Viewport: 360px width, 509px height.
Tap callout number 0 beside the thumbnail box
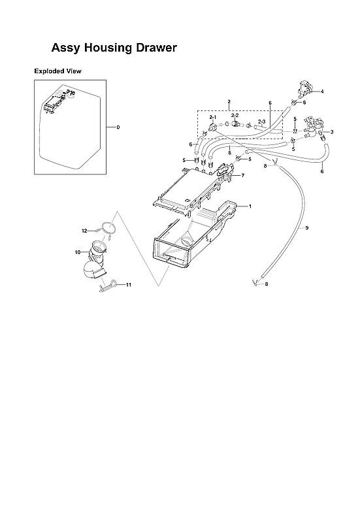118,127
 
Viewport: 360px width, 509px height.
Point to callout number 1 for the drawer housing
249,206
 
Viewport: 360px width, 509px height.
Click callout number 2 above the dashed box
229,103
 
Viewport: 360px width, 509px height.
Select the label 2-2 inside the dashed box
236,115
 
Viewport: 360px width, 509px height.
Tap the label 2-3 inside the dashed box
261,122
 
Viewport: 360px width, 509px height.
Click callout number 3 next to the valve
332,132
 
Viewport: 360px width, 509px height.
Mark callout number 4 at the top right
321,91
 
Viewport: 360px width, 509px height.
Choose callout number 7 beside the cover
242,175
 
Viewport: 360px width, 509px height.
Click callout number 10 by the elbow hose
77,252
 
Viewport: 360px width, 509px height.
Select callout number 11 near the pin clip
129,285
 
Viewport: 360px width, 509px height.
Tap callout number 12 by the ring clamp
84,231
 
